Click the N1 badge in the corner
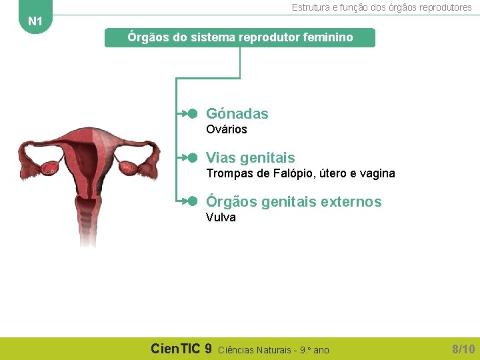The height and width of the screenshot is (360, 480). click(x=35, y=21)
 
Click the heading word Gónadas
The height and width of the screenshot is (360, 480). click(x=237, y=114)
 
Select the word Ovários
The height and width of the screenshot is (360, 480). click(x=226, y=129)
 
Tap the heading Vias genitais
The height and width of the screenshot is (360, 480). click(x=250, y=158)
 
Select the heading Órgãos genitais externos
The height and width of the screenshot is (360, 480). click(x=293, y=202)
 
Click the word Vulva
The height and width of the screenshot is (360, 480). click(x=221, y=217)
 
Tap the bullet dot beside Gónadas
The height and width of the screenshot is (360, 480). click(x=193, y=114)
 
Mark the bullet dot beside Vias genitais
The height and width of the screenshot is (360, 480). click(x=193, y=158)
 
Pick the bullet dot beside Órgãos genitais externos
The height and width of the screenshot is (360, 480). click(x=193, y=201)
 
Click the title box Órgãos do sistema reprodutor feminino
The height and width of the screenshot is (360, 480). click(x=240, y=37)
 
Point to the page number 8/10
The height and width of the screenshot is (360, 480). click(x=463, y=349)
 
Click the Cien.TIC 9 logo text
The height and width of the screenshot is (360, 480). click(x=181, y=349)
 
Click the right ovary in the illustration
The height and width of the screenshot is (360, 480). click(x=127, y=167)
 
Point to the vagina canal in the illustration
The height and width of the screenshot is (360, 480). click(x=88, y=223)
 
